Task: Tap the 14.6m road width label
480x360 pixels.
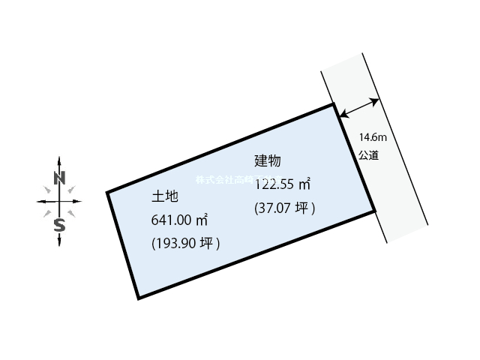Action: point(372,137)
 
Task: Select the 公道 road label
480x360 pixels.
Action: point(368,155)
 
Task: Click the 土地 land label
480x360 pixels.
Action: point(164,196)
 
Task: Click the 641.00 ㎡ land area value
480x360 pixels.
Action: point(179,220)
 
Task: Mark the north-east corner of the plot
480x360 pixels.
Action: point(334,105)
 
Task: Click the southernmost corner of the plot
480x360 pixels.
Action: point(139,298)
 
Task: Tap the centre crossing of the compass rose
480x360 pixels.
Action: point(60,201)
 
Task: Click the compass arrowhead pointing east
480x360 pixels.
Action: point(79,201)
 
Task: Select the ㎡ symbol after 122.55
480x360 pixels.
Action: point(304,183)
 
